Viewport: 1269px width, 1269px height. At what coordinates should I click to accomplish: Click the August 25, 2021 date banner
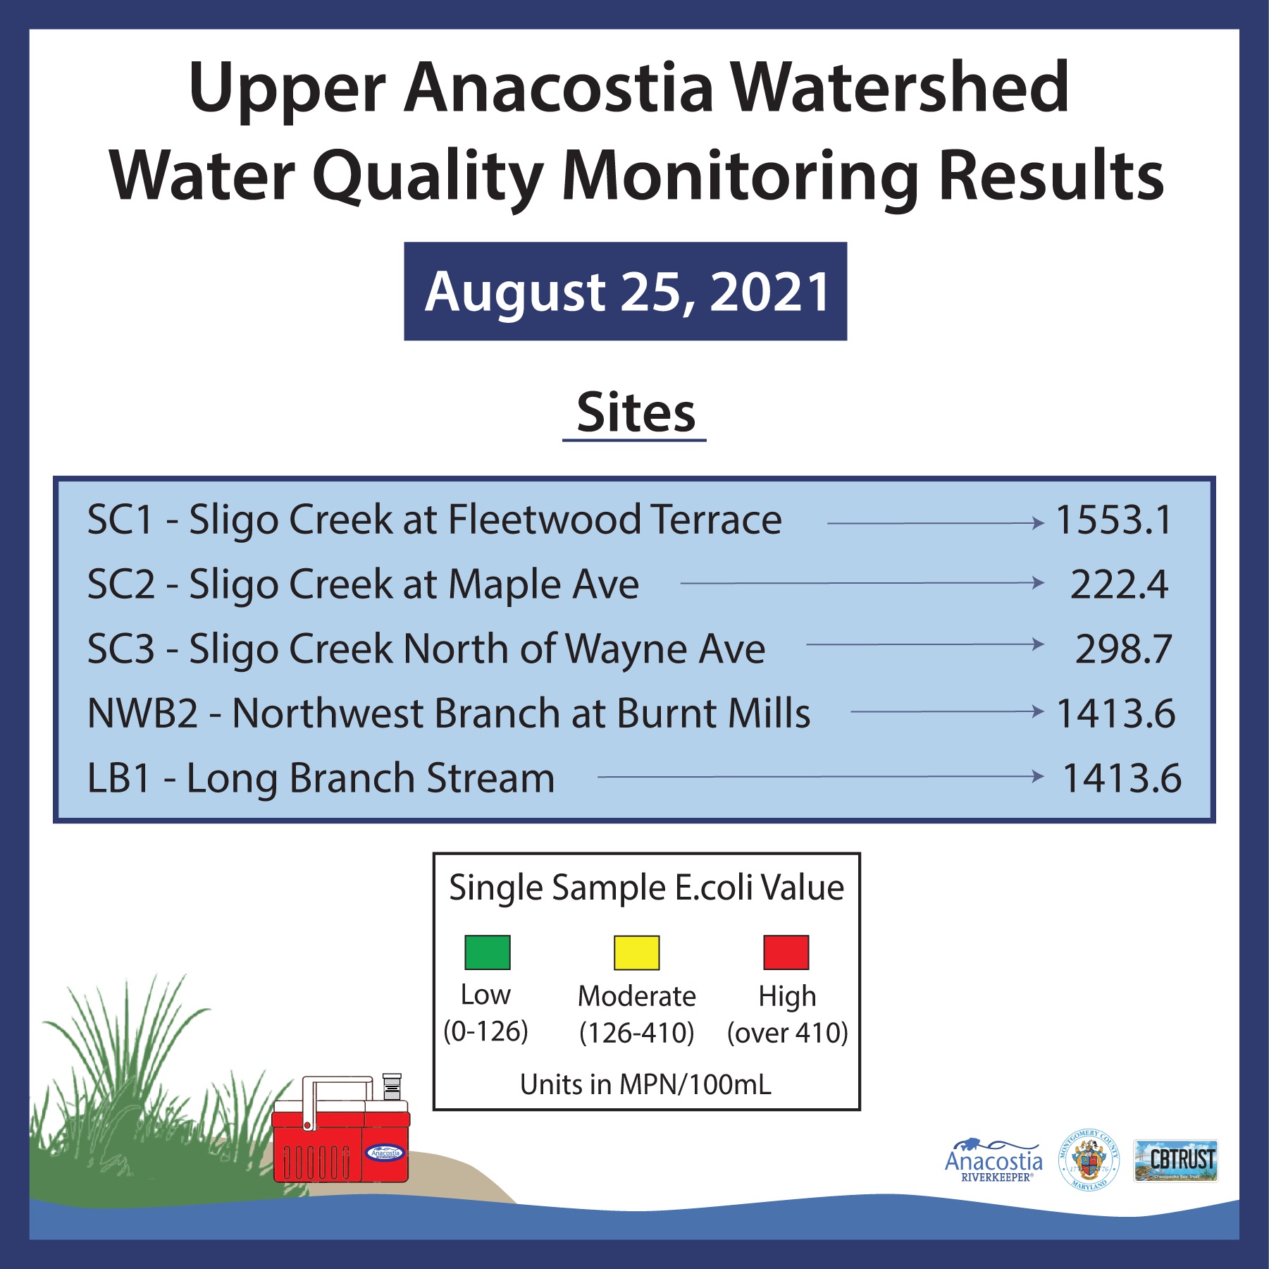tap(625, 291)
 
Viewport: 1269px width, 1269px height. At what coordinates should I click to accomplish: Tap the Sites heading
tap(636, 413)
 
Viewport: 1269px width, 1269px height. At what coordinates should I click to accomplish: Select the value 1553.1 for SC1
tap(1113, 520)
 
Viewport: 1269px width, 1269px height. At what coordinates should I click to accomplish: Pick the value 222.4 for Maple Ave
tap(1119, 584)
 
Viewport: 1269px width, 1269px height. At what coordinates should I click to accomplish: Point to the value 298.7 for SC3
tap(1123, 649)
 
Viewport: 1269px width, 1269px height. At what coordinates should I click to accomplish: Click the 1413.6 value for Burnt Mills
tap(1116, 713)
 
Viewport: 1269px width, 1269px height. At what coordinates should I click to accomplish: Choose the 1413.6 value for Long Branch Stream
tap(1122, 778)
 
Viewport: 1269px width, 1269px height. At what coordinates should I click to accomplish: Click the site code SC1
tap(120, 520)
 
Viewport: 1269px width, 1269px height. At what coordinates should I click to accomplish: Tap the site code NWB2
tap(142, 713)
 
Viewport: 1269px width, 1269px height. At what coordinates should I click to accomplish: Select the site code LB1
tap(118, 778)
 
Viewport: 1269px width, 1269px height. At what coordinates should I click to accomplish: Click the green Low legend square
tap(487, 952)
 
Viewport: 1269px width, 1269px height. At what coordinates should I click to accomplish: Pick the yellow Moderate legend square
tap(636, 952)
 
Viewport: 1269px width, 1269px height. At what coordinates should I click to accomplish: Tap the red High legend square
tap(786, 952)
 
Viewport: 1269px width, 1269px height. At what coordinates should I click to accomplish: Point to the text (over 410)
tap(787, 1033)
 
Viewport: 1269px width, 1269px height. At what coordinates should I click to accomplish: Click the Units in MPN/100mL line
tap(645, 1084)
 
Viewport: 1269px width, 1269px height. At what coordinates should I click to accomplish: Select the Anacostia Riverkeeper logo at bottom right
tap(993, 1161)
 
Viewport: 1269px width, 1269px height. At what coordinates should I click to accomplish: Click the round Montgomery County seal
tap(1089, 1160)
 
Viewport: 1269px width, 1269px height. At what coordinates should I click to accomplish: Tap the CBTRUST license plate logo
tap(1175, 1160)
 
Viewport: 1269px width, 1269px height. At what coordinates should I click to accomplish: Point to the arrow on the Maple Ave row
tap(862, 583)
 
